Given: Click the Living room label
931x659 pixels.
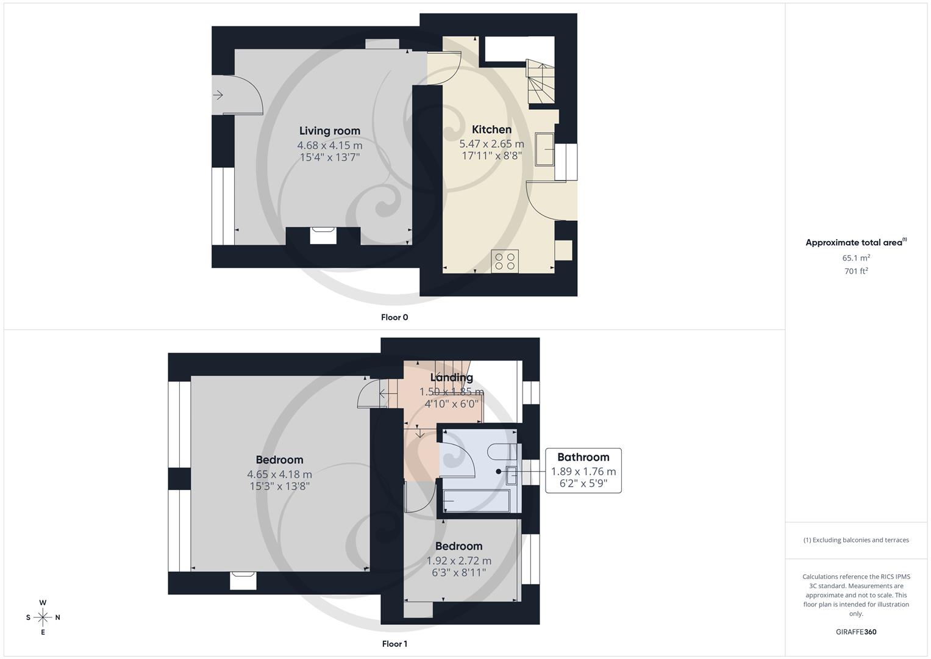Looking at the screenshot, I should pyautogui.click(x=329, y=131).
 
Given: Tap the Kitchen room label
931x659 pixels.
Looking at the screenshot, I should pyautogui.click(x=491, y=129).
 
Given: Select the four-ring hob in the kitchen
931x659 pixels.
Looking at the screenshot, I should pyautogui.click(x=505, y=261).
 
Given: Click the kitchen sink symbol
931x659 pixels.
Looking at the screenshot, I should pyautogui.click(x=544, y=149).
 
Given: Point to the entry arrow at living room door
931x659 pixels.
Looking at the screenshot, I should pyautogui.click(x=218, y=95).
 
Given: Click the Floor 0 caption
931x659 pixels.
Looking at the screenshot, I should pyautogui.click(x=394, y=317).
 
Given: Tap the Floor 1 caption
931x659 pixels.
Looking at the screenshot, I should pyautogui.click(x=394, y=644).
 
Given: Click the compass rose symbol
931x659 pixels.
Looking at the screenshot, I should pyautogui.click(x=43, y=618).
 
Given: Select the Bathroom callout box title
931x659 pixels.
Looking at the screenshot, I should pyautogui.click(x=583, y=457).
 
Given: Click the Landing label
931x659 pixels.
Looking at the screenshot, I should pyautogui.click(x=451, y=377).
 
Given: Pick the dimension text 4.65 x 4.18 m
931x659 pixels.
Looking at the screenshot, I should pyautogui.click(x=279, y=474).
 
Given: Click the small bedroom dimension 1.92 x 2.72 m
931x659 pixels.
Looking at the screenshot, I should pyautogui.click(x=458, y=561).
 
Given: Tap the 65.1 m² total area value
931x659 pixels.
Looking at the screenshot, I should pyautogui.click(x=856, y=258).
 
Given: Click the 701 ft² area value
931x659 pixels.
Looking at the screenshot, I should pyautogui.click(x=856, y=272).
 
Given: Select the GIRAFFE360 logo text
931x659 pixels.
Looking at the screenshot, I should pyautogui.click(x=856, y=632).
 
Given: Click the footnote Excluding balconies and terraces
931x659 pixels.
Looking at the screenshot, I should pyautogui.click(x=856, y=540).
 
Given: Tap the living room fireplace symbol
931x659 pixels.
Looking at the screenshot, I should pyautogui.click(x=323, y=235).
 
